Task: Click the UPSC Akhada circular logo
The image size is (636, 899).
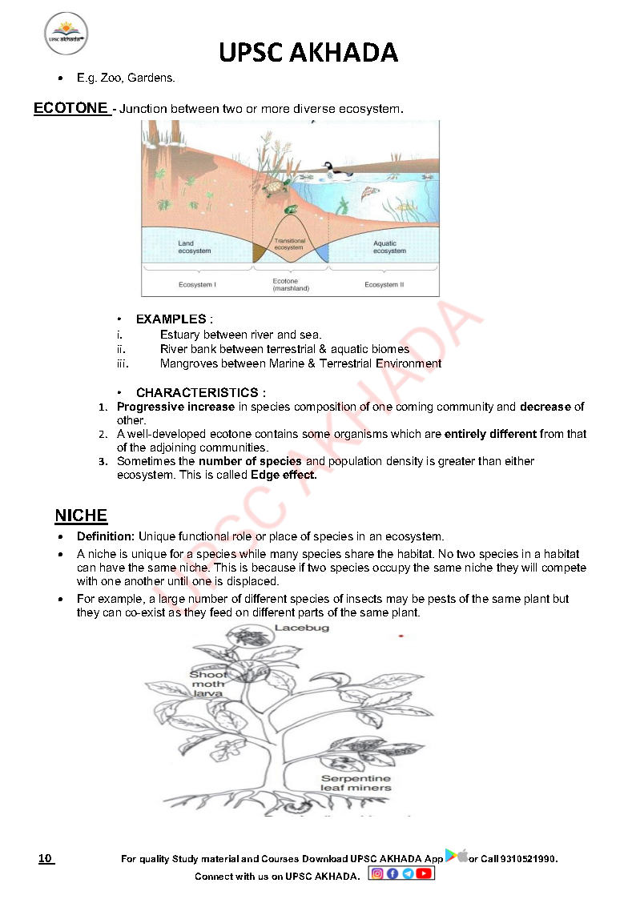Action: click(x=66, y=34)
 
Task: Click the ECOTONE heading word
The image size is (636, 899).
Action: click(x=70, y=108)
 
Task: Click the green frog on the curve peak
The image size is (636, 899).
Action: click(x=291, y=210)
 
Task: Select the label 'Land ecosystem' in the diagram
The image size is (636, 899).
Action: click(x=194, y=247)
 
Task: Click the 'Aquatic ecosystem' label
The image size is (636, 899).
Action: click(x=389, y=247)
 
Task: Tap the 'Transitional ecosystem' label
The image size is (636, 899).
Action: click(x=289, y=244)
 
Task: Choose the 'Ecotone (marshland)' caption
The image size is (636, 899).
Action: click(x=290, y=285)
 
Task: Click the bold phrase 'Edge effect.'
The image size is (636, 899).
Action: click(x=284, y=475)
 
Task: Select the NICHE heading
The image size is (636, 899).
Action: click(x=81, y=516)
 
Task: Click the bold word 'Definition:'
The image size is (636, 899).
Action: click(x=107, y=536)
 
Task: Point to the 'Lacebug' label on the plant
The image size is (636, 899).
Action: click(x=302, y=628)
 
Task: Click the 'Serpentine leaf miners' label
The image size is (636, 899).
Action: click(x=356, y=783)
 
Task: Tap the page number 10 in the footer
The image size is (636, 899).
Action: click(x=46, y=859)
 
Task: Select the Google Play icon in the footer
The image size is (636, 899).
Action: click(x=451, y=856)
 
